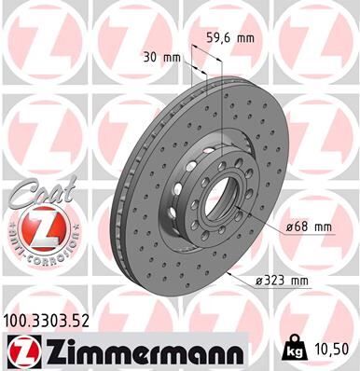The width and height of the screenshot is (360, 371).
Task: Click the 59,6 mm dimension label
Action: click(228, 38)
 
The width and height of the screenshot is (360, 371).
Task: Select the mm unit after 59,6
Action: click(243, 38)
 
